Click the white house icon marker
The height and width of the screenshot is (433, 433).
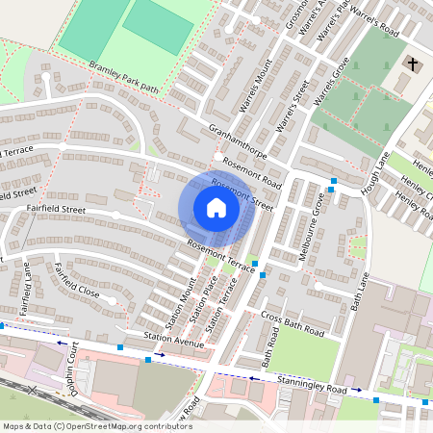(x=216, y=207)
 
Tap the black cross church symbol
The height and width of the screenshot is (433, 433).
(x=413, y=65)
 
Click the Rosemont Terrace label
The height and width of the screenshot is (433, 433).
(x=220, y=256)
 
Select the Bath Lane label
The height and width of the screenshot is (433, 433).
(x=360, y=292)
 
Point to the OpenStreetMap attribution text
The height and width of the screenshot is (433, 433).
(x=96, y=426)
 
